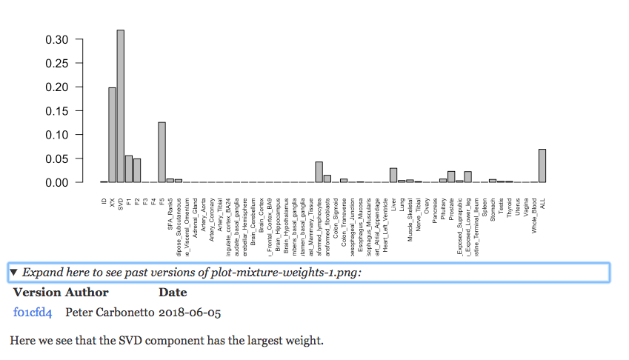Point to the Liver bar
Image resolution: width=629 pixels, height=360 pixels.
coord(393,176)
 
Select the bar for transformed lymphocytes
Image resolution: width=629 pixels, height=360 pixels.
coord(319,172)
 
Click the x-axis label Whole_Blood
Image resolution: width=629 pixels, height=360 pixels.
coord(533,215)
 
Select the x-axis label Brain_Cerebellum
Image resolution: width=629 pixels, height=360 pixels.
coord(253,221)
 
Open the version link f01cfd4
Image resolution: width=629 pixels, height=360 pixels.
coord(33,313)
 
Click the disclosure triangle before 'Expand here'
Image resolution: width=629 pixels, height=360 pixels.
coord(14,273)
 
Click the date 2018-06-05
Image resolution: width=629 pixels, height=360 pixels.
coord(190,313)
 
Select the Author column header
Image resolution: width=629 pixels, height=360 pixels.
coord(87,293)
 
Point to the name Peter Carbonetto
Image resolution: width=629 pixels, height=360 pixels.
coord(110,313)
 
